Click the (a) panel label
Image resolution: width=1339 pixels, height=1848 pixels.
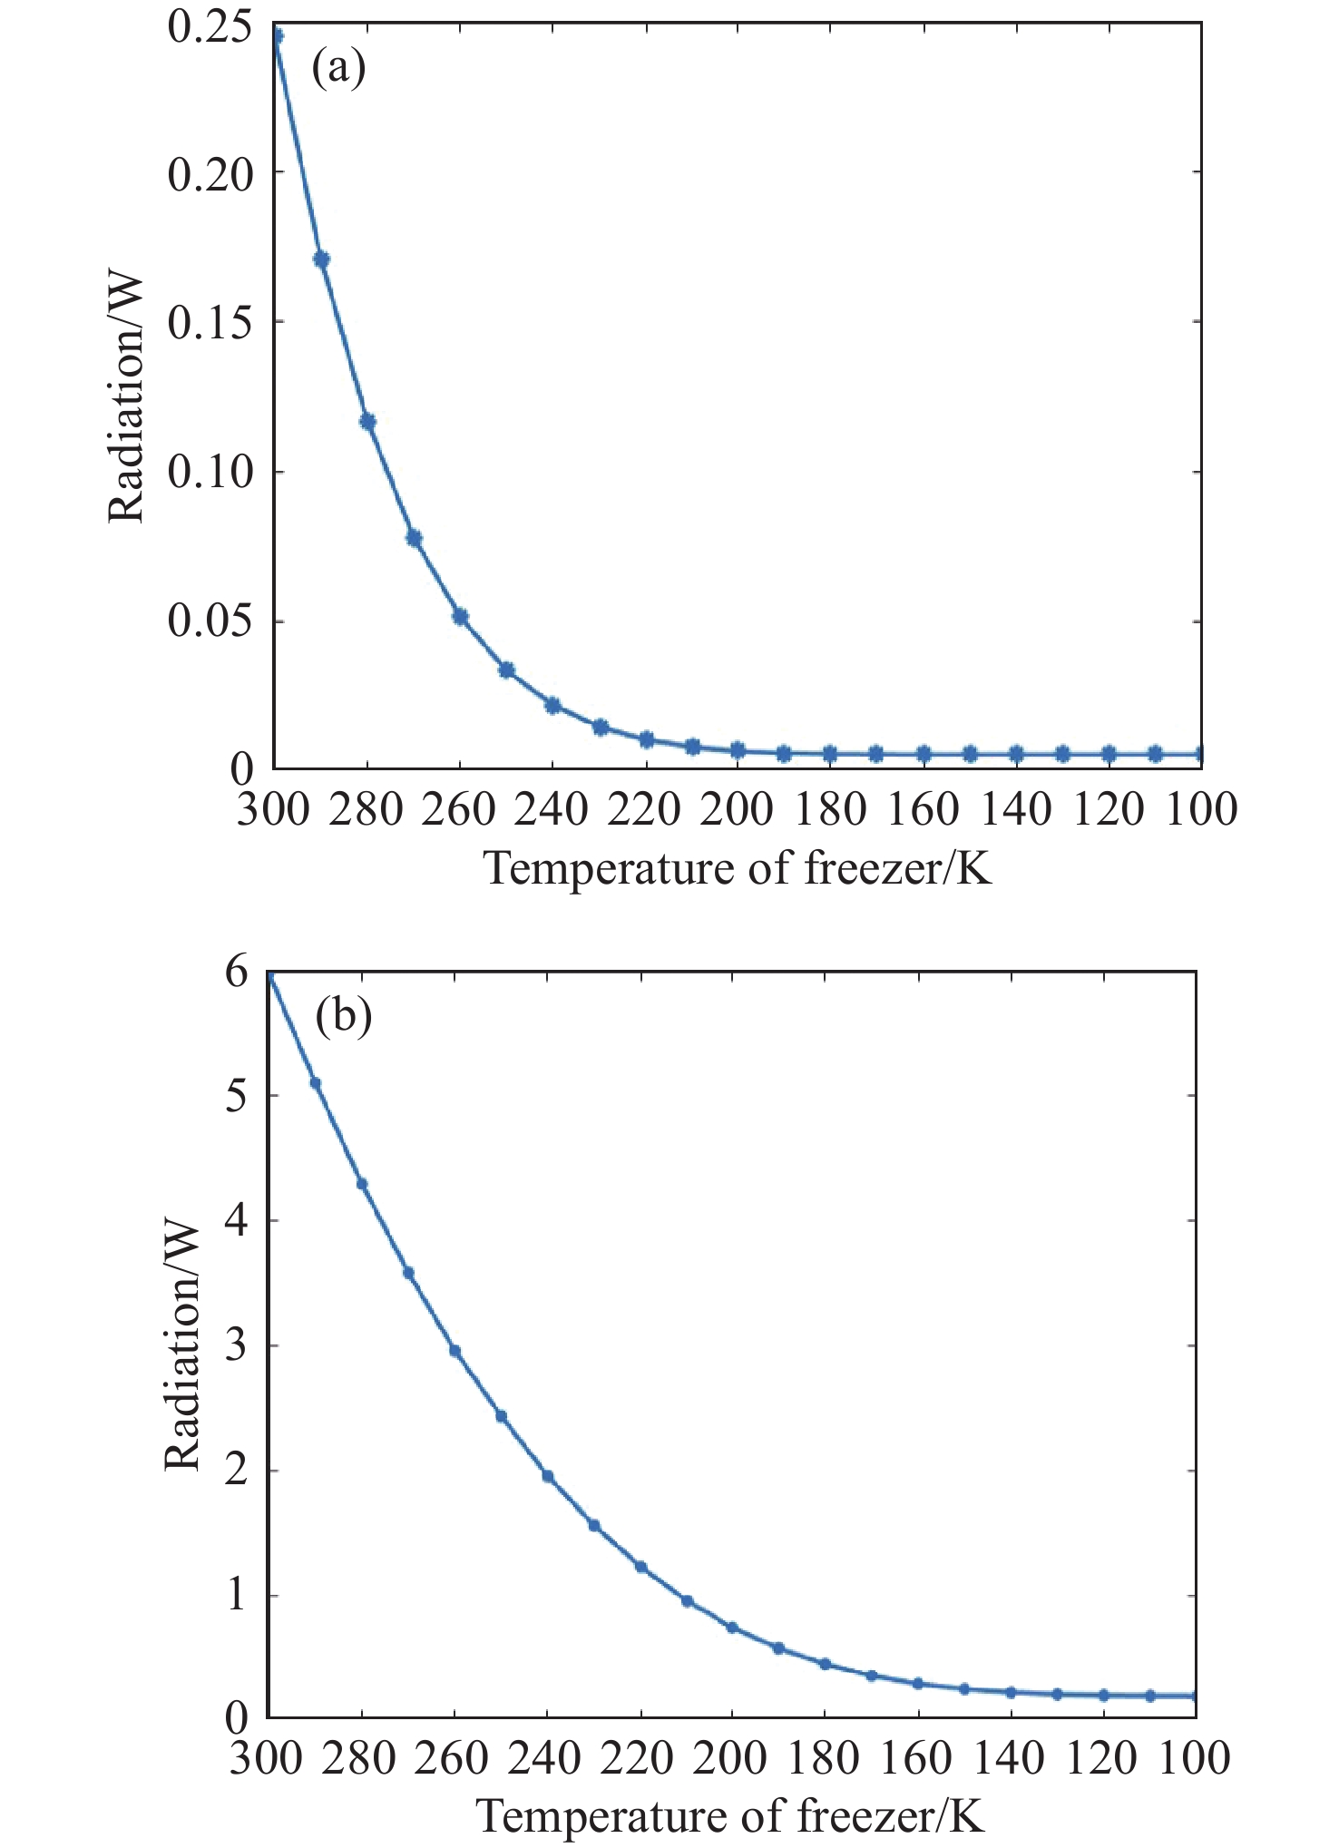[338, 70]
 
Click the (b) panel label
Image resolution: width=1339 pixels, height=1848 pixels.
[343, 1017]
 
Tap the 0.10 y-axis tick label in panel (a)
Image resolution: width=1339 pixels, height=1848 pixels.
[210, 473]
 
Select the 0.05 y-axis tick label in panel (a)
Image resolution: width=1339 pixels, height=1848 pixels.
[210, 622]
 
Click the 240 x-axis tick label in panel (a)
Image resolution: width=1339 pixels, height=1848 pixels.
[551, 810]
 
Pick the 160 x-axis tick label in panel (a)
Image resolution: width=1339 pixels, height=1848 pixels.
[923, 810]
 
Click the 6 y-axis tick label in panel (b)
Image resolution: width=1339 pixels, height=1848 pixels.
[236, 973]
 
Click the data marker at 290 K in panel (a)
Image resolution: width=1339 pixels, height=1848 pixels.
[321, 259]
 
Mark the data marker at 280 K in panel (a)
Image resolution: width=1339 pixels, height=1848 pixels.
[367, 421]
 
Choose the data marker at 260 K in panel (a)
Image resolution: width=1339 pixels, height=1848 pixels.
[460, 617]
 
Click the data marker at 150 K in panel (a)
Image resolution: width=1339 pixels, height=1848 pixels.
[970, 754]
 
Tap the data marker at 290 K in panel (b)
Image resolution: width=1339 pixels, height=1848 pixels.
[316, 1083]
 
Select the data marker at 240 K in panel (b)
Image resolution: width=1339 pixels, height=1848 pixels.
[548, 1477]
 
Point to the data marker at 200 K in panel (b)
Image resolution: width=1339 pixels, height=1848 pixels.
[732, 1628]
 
